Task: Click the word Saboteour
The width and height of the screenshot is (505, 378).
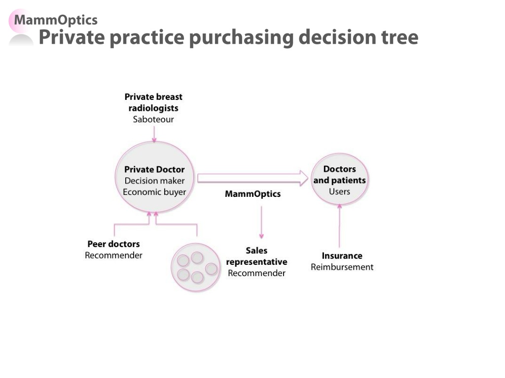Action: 153,119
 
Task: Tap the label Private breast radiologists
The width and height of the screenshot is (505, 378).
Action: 153,102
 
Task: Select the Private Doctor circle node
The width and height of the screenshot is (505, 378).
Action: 154,177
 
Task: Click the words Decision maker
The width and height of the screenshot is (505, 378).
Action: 154,181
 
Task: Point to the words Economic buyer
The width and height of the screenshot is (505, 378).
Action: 154,192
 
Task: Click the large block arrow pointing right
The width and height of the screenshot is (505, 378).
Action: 253,178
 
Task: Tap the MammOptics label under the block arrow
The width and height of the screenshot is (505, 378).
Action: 253,194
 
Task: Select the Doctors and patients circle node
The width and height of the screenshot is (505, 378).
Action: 339,179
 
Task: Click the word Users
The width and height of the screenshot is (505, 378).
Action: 339,191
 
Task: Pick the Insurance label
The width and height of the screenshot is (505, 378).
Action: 342,256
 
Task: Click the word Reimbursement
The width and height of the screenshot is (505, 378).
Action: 342,267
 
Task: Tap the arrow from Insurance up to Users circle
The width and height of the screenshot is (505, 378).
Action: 339,225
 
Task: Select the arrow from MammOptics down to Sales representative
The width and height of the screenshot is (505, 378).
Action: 261,222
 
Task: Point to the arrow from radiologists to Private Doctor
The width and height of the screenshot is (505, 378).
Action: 154,134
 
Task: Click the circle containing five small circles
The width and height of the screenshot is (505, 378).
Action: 195,267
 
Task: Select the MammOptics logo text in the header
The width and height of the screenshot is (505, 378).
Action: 56,20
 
